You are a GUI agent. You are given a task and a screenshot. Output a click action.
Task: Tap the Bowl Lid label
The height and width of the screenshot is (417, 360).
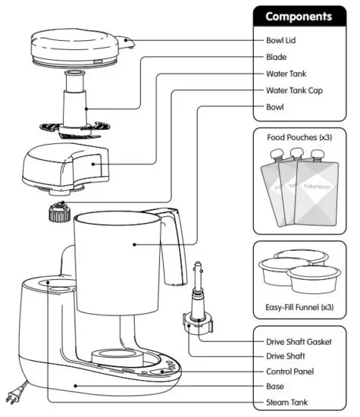tap(281, 40)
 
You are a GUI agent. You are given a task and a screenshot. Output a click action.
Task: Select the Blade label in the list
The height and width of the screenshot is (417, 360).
tap(276, 57)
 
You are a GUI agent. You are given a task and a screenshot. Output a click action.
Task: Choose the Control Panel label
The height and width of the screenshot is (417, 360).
tap(292, 372)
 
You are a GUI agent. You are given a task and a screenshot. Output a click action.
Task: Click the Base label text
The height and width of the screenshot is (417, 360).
tap(276, 386)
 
